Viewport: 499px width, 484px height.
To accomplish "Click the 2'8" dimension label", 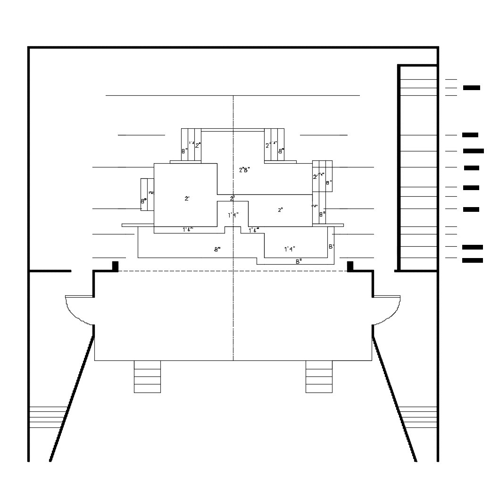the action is click(244, 170).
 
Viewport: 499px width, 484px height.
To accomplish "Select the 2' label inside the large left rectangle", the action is click(187, 199).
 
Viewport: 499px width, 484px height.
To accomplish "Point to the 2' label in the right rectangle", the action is click(280, 210).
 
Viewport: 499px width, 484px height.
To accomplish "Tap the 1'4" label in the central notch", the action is click(233, 215).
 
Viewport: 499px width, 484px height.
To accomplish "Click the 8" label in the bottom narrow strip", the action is click(299, 261).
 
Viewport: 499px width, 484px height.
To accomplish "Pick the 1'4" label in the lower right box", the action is click(290, 249).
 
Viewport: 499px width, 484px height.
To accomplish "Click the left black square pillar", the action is click(115, 266).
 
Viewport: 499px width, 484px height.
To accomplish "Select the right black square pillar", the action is click(350, 266).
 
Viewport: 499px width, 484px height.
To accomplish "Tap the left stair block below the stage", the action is click(147, 376).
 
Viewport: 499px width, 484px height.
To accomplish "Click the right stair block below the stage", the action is click(319, 376).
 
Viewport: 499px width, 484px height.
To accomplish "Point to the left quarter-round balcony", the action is click(79, 309).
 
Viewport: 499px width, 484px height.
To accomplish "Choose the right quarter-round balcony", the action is click(387, 309).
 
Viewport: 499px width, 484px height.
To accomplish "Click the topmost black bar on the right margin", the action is click(472, 88).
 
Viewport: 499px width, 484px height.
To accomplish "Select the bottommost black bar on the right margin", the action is click(473, 260).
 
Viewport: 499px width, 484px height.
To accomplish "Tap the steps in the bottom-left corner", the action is click(46, 417).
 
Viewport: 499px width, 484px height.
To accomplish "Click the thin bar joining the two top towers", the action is click(233, 130).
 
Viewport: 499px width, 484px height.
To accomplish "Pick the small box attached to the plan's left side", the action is click(147, 194).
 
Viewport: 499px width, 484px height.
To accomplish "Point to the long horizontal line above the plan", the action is click(233, 95).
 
